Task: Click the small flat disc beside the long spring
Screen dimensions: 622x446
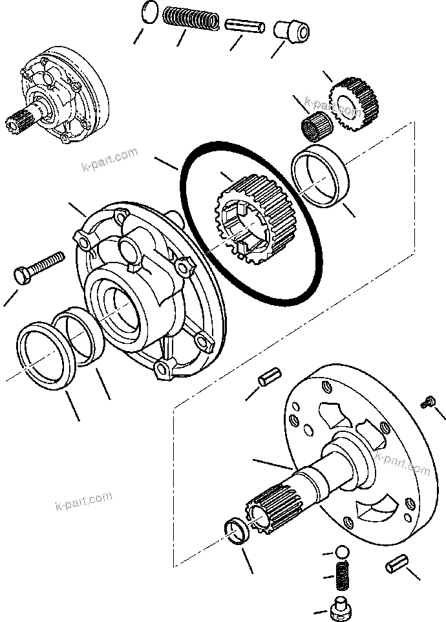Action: click(148, 14)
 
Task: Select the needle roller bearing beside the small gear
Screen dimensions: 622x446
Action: click(315, 122)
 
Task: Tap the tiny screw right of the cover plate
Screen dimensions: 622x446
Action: click(427, 402)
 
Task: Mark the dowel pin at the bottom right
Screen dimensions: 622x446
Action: click(397, 564)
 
